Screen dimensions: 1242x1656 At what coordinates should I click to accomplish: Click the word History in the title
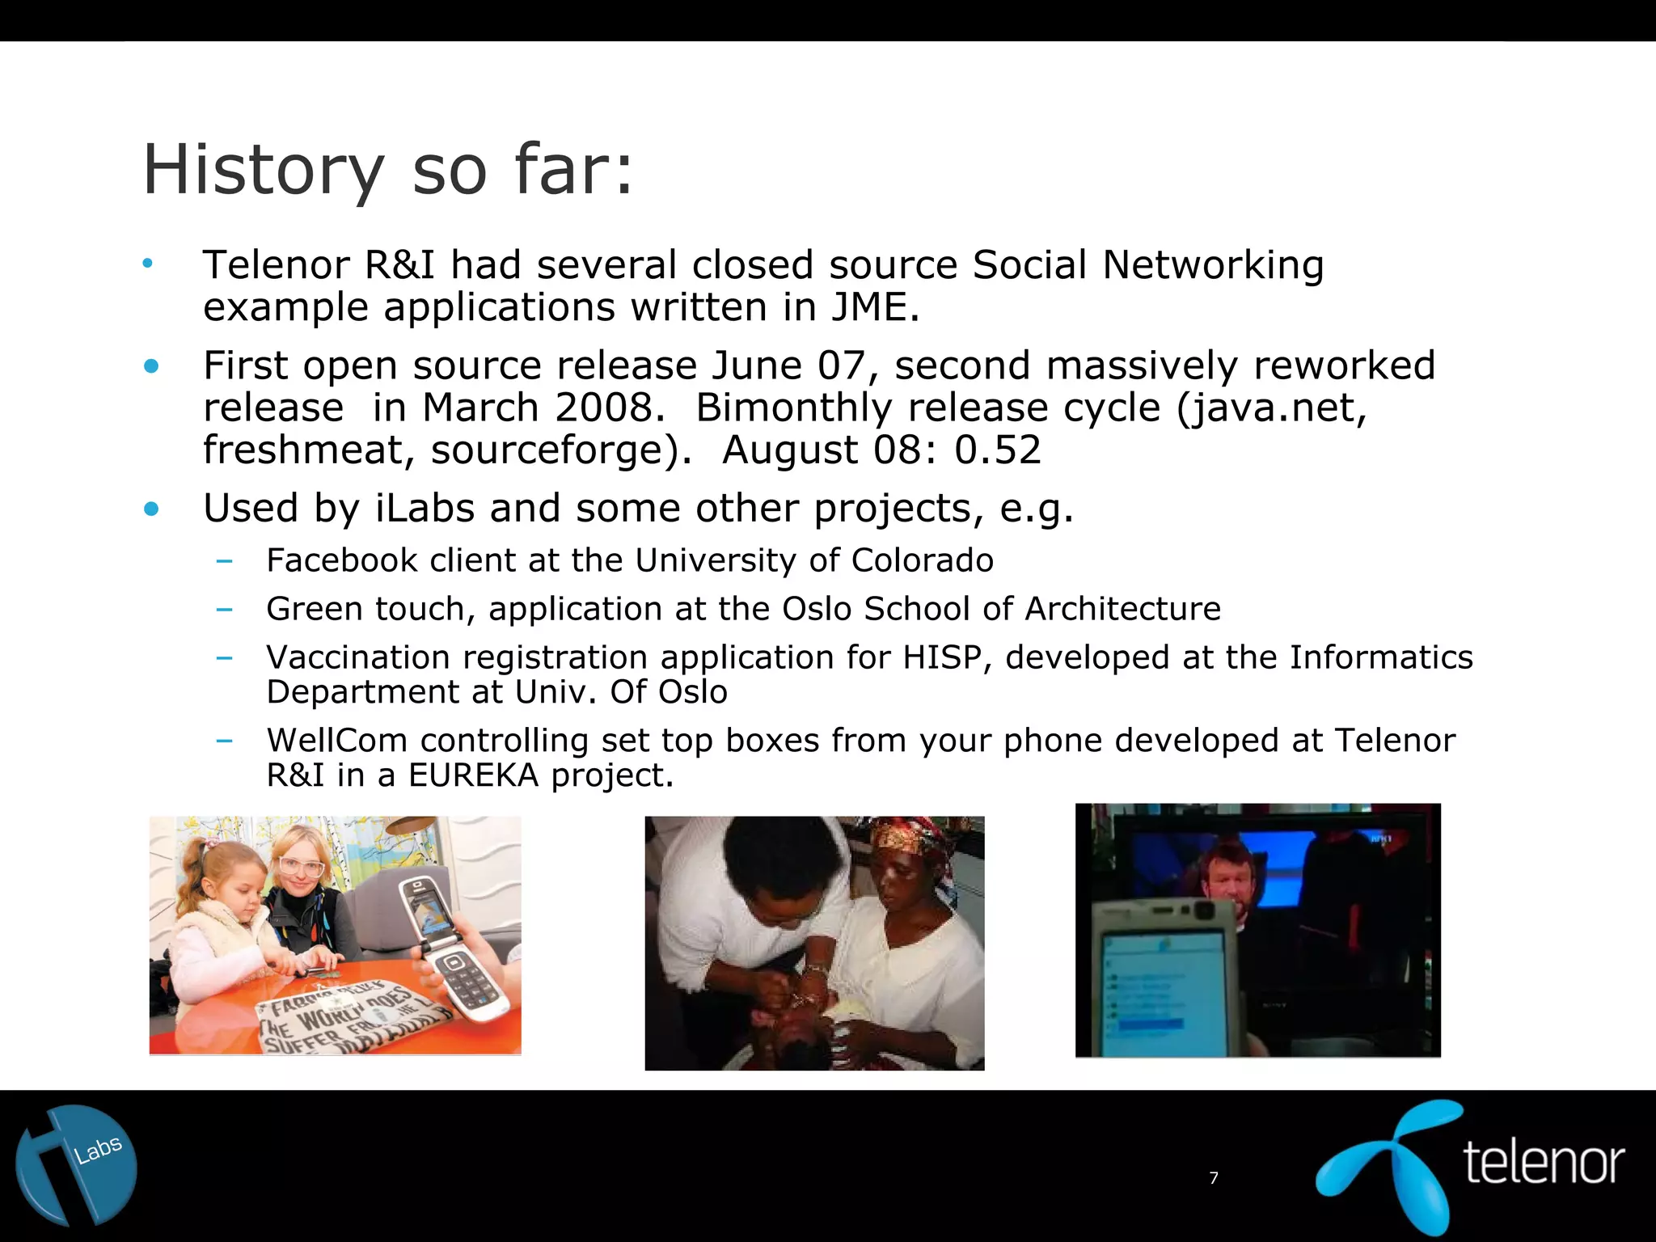click(x=263, y=171)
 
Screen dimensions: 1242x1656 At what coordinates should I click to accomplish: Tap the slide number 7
click(x=1213, y=1178)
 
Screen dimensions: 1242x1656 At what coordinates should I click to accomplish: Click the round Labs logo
click(x=76, y=1165)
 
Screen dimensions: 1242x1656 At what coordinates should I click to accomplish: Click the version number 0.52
click(x=998, y=450)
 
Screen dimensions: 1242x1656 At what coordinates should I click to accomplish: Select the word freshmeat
click(x=307, y=450)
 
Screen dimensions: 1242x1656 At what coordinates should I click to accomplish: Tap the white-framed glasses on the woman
click(x=301, y=867)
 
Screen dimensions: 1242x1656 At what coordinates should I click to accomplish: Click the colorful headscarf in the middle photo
click(x=906, y=841)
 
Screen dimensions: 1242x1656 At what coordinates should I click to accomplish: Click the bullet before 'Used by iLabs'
click(x=151, y=509)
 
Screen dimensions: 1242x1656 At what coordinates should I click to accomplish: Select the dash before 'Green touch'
click(x=225, y=609)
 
